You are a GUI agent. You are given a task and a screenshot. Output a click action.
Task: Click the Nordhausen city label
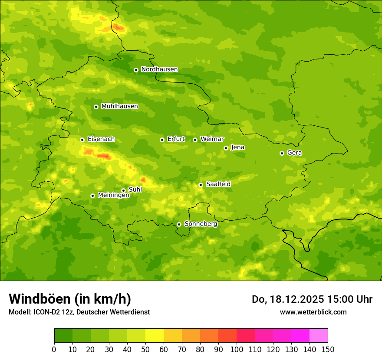(159, 69)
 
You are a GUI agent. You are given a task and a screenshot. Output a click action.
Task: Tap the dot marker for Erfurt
(162, 140)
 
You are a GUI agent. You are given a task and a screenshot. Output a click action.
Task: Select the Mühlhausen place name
(119, 106)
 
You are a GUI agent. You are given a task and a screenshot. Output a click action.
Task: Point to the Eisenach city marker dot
(82, 140)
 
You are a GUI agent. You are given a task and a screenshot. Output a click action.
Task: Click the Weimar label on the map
(212, 139)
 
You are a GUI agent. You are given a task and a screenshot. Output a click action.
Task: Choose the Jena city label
(237, 147)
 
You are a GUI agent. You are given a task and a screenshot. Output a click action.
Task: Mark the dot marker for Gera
(282, 153)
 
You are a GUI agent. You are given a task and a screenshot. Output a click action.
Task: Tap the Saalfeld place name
(218, 184)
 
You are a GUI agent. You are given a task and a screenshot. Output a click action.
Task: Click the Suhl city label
(135, 190)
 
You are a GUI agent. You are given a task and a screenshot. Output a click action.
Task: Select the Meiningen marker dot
(92, 196)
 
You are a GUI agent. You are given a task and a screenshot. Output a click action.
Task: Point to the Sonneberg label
(201, 224)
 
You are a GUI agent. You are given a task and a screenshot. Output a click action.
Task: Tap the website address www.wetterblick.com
(313, 312)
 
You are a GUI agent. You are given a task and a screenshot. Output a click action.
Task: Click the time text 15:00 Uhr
(349, 299)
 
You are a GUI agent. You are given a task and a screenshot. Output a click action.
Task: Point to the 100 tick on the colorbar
(237, 349)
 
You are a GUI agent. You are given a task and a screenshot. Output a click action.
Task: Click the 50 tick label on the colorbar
(145, 349)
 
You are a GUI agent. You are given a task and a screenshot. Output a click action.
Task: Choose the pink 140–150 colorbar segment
(319, 336)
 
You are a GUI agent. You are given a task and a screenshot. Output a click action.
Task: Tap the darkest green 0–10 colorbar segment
(63, 336)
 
